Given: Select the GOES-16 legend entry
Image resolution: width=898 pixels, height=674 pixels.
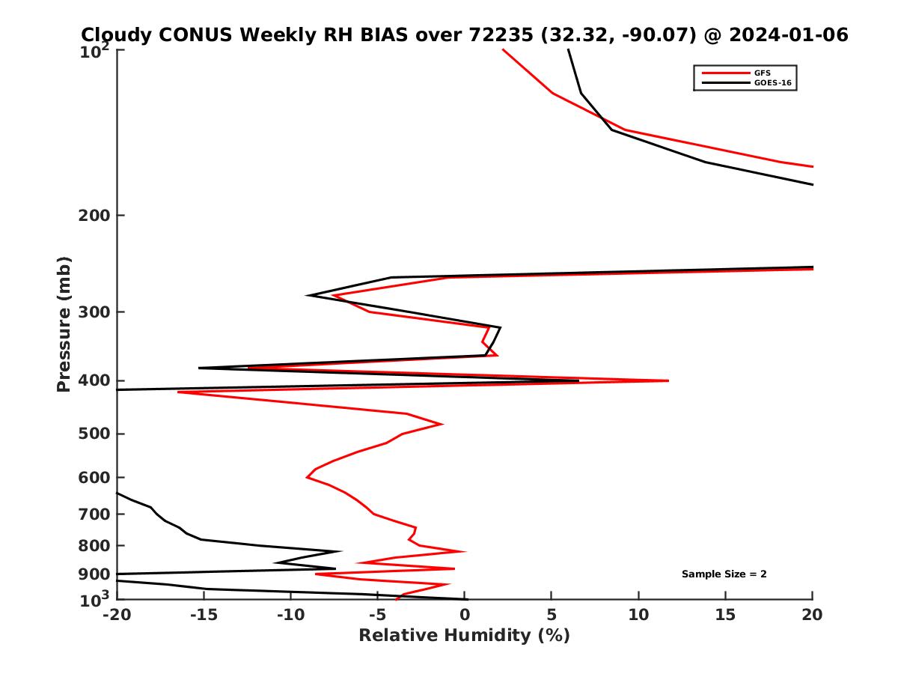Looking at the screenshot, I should coord(772,83).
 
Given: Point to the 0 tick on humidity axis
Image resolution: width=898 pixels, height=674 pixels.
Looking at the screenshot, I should coord(465,615).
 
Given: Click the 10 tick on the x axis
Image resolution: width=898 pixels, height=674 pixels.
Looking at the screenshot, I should coord(638,615).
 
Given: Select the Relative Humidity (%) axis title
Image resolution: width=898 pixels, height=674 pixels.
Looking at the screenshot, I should coord(464,636).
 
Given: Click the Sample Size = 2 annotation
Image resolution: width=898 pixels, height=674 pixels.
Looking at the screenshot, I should coord(724,574).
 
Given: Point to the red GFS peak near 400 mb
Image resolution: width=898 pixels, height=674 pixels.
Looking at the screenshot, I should coord(668,381).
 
